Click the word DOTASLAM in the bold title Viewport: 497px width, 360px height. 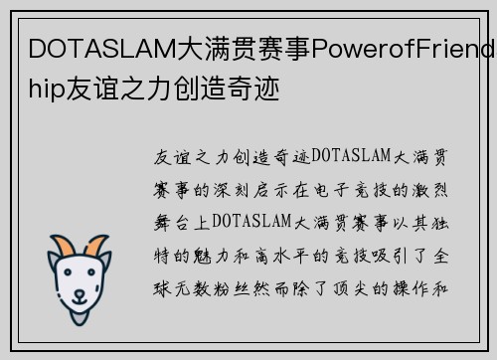(90, 47)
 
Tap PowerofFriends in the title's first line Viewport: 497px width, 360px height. (404, 47)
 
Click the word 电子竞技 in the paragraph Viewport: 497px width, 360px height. (364, 187)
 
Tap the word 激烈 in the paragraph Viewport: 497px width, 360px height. (433, 187)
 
